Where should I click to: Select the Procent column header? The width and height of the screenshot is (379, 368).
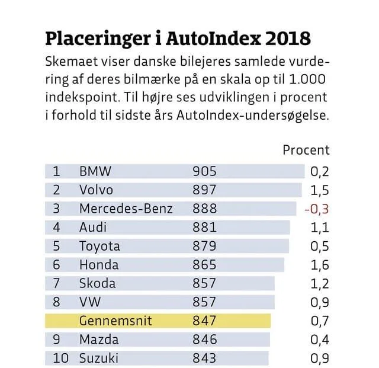tap(306, 150)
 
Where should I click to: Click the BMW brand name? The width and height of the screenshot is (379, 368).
tap(95, 172)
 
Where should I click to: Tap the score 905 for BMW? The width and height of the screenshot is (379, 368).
tap(204, 172)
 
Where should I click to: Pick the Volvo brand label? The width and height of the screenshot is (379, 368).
tap(96, 190)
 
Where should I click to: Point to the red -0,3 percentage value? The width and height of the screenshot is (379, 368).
tap(316, 209)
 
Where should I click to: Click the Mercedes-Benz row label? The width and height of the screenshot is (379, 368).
tap(126, 209)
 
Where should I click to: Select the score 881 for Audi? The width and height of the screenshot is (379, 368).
tap(204, 228)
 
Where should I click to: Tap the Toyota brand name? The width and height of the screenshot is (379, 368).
tap(99, 246)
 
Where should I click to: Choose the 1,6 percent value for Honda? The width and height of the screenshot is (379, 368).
tap(319, 265)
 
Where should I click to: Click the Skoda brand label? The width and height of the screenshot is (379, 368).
tap(98, 283)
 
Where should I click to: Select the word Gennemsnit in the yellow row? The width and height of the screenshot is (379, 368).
tap(115, 321)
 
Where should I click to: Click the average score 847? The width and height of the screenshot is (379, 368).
tap(204, 321)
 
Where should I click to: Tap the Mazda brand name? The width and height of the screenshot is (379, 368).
tap(99, 340)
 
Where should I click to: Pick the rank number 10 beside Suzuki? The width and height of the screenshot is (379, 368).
tap(60, 359)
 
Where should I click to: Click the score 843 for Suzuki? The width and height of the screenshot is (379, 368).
tap(204, 359)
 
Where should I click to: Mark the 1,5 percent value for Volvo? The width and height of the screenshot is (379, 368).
tap(319, 190)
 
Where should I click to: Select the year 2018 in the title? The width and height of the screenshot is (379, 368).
tap(289, 40)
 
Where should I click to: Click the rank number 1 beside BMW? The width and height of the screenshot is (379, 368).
tap(57, 172)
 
